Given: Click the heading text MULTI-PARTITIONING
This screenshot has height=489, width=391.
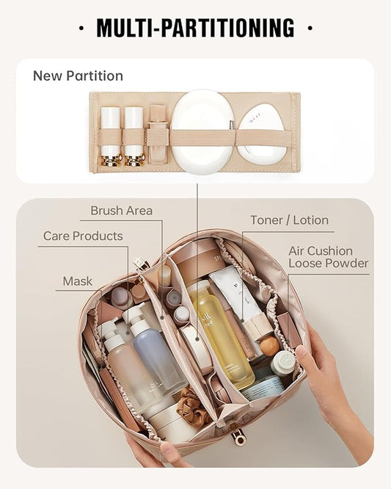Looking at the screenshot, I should point(195,28).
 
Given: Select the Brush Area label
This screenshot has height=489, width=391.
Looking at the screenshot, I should point(121,211).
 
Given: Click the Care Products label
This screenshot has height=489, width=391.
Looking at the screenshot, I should point(83,236).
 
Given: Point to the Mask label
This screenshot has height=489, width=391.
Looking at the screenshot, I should point(77,280).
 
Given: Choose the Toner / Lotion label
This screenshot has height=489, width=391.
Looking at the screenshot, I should point(289,220).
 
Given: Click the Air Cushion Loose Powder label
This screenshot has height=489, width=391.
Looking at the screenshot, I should point(328,257).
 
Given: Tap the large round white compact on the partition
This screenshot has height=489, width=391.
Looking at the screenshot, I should point(202,131).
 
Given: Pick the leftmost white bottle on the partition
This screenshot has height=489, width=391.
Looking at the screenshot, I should point(111,134).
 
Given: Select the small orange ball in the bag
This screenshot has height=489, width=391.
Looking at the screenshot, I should point(269,345).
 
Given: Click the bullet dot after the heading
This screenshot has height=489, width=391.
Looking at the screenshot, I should point(310,29).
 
